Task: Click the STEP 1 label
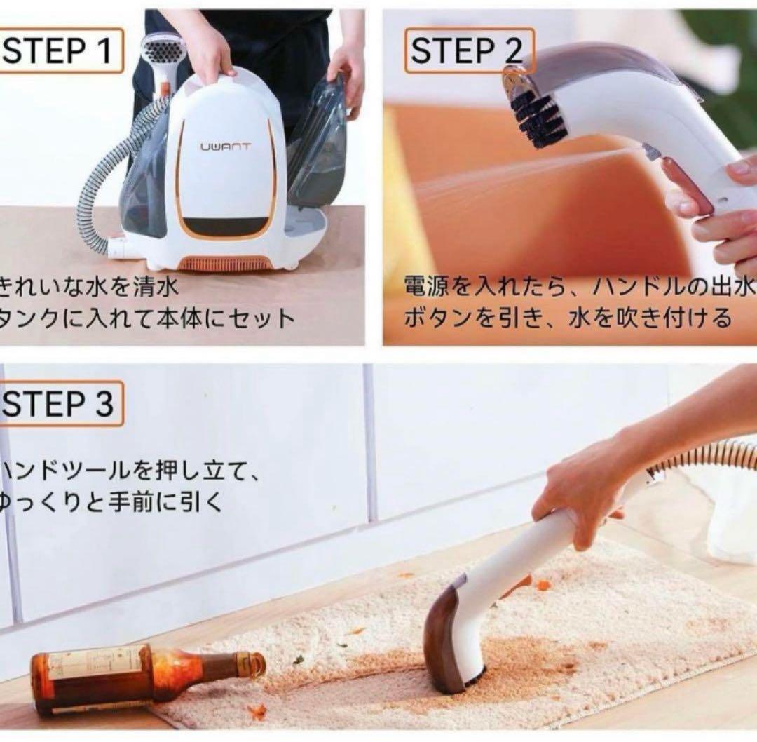pyautogui.click(x=60, y=51)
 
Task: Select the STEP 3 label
pyautogui.click(x=60, y=404)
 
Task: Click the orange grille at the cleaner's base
pyautogui.click(x=224, y=263)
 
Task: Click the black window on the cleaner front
pyautogui.click(x=224, y=226)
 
